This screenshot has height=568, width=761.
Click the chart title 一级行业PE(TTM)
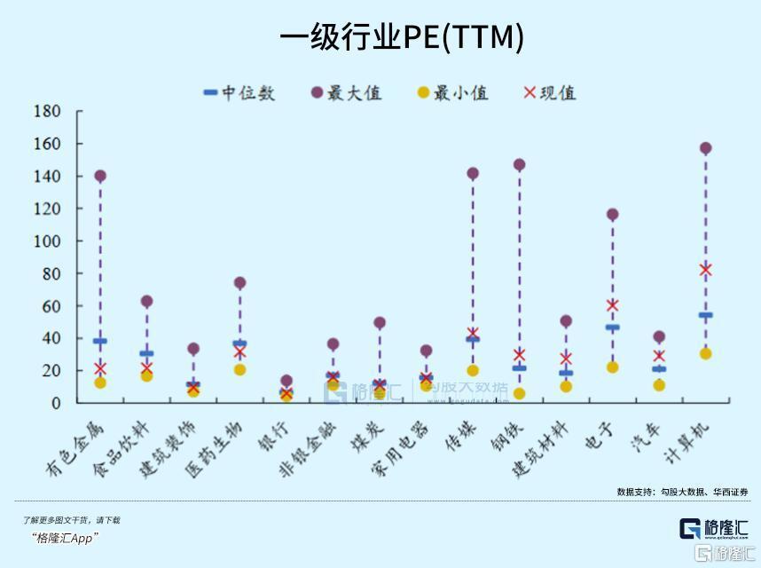click(x=402, y=37)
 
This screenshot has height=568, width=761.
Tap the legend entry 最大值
click(x=346, y=92)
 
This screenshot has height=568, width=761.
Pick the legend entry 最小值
click(x=451, y=92)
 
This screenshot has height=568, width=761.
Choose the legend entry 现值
click(x=550, y=92)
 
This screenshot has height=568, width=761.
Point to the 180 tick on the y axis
click(x=47, y=112)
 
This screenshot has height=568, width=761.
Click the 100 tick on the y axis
click(x=47, y=241)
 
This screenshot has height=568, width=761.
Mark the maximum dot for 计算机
click(x=706, y=148)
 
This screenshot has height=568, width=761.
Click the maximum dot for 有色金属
click(x=100, y=176)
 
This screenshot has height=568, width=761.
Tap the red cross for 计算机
click(x=706, y=270)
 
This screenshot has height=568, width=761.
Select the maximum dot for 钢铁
click(x=519, y=165)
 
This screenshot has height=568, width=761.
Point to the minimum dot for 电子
click(x=612, y=367)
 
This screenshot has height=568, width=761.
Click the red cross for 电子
click(x=612, y=305)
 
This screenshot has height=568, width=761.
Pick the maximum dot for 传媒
click(x=473, y=173)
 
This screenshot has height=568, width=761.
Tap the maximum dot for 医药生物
click(x=239, y=283)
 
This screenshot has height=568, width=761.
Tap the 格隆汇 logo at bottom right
click(x=713, y=529)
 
